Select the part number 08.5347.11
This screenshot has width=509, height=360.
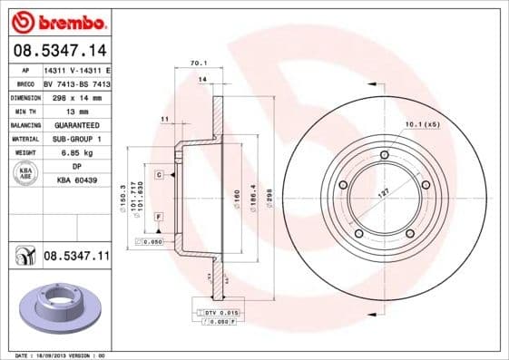76,257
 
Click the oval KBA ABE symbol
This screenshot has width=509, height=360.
25,174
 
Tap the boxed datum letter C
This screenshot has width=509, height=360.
158,174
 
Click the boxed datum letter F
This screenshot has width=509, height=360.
158,217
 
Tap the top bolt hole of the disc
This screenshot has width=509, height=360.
385,156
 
